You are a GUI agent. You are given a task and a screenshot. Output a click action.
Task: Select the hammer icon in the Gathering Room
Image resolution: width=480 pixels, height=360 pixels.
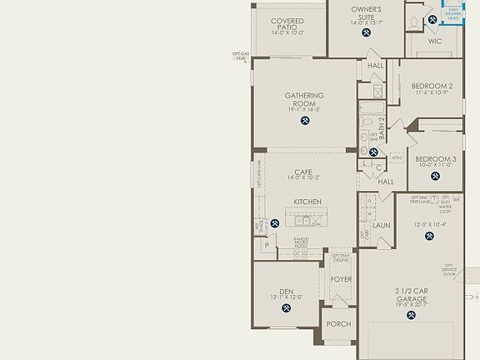(x=304, y=121)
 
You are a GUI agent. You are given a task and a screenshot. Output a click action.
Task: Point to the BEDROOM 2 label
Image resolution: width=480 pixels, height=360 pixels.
(x=432, y=85)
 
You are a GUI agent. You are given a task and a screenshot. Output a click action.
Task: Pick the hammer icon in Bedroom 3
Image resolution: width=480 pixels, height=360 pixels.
(x=434, y=178)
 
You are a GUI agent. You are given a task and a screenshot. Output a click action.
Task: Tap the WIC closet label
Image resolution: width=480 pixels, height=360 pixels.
(x=435, y=39)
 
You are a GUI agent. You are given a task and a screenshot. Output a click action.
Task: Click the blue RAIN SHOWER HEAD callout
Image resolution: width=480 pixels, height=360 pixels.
(x=453, y=14)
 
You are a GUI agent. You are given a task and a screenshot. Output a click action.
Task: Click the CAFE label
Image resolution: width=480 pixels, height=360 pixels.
(x=302, y=172)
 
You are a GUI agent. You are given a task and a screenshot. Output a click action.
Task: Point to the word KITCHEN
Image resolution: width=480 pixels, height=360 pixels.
(x=307, y=202)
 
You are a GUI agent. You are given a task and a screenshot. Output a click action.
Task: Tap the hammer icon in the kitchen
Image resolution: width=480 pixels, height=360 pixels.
(x=275, y=223)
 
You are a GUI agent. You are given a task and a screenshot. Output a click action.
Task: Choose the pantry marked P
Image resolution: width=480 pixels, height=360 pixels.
(x=267, y=246)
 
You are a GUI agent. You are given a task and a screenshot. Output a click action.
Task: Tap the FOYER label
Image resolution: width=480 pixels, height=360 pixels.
(x=341, y=280)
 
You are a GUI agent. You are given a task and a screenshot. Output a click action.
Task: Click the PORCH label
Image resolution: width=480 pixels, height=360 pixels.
(x=338, y=324)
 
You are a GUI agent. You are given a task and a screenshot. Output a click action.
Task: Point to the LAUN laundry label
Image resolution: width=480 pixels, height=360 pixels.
(x=382, y=225)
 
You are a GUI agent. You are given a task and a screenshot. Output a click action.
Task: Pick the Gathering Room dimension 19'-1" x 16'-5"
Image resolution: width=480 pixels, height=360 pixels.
(x=304, y=109)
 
